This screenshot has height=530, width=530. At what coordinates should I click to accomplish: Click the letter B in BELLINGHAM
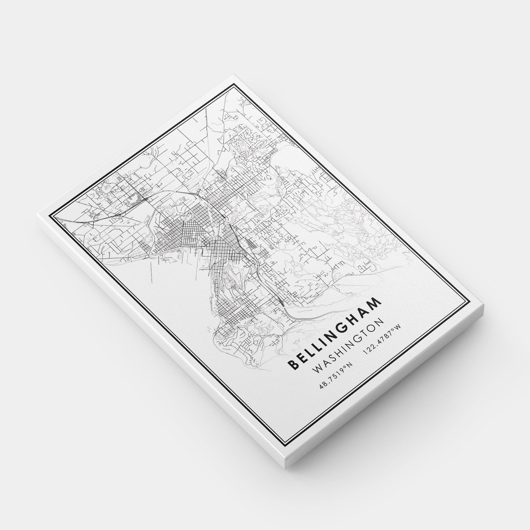coord(292,365)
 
